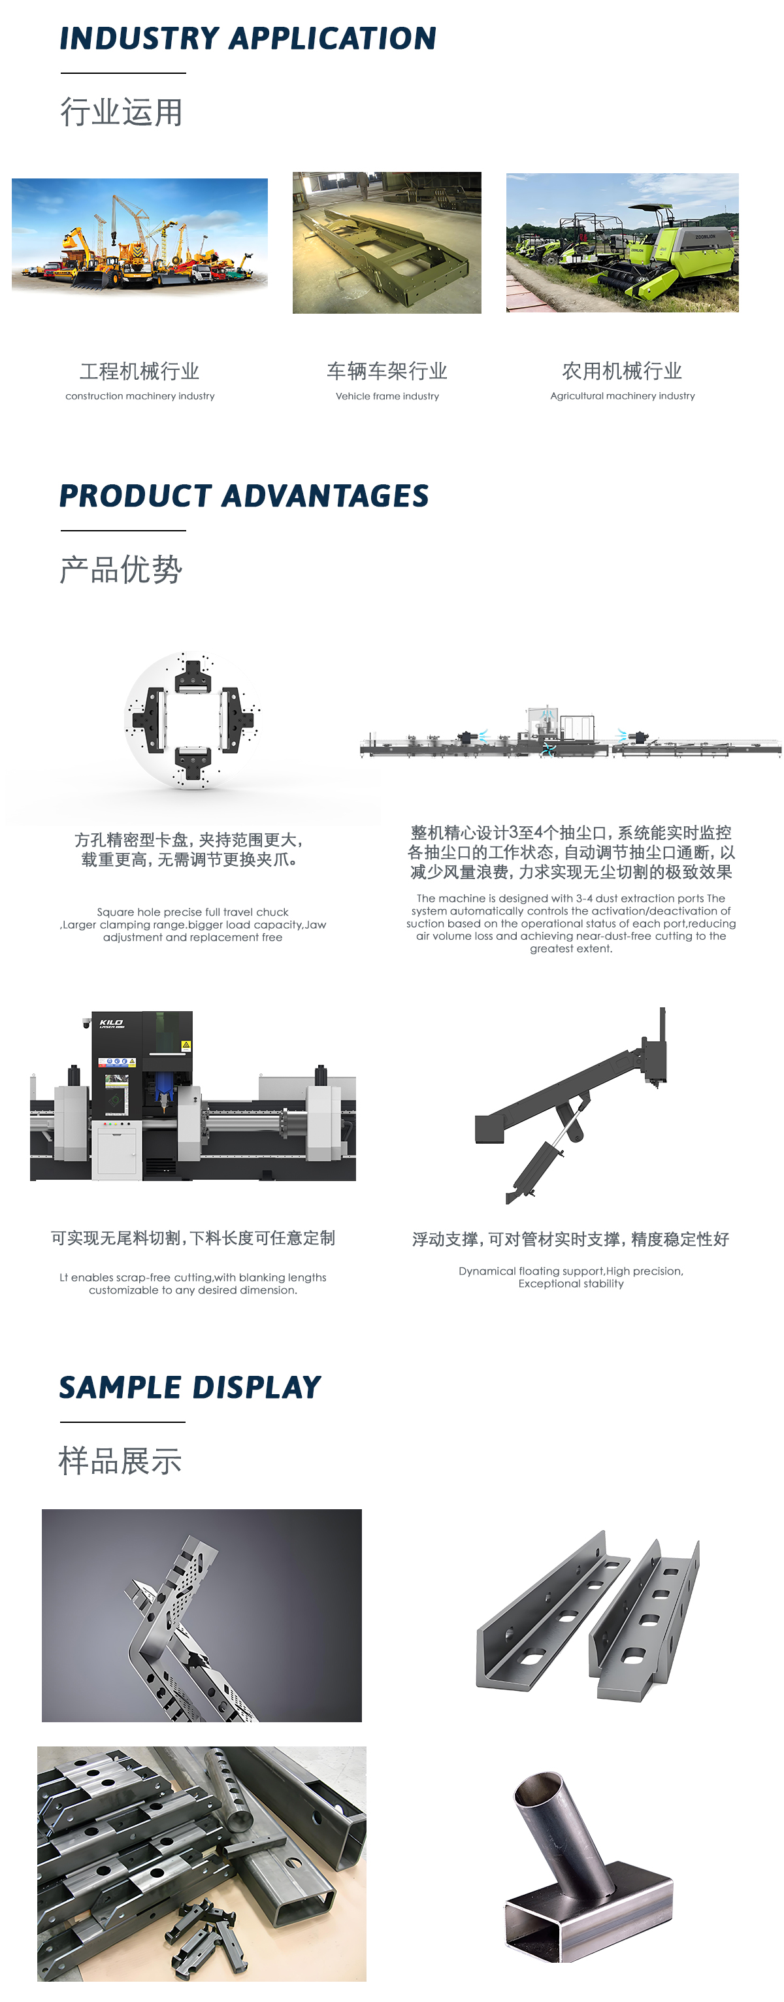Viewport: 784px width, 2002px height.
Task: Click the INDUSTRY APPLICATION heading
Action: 248,38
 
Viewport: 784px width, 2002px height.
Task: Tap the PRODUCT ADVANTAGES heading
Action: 244,496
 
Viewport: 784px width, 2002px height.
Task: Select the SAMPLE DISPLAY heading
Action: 190,1387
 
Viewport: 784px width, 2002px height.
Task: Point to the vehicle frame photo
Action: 387,242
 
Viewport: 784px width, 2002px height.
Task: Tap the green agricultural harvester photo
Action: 623,242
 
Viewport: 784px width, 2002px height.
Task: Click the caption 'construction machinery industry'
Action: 140,396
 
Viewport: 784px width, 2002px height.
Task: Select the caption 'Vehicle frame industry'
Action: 387,396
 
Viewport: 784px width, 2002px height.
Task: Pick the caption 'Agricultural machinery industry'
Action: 623,396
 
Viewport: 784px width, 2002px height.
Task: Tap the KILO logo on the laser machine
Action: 111,1024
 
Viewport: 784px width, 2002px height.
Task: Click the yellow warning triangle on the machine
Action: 186,1045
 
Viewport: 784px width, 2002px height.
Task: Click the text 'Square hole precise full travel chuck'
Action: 193,912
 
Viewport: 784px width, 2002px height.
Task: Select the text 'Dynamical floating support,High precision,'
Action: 571,1271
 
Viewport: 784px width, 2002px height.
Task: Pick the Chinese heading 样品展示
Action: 120,1461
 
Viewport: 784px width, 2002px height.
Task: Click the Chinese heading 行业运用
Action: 122,112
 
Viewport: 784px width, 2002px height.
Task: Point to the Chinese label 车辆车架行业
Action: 387,371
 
